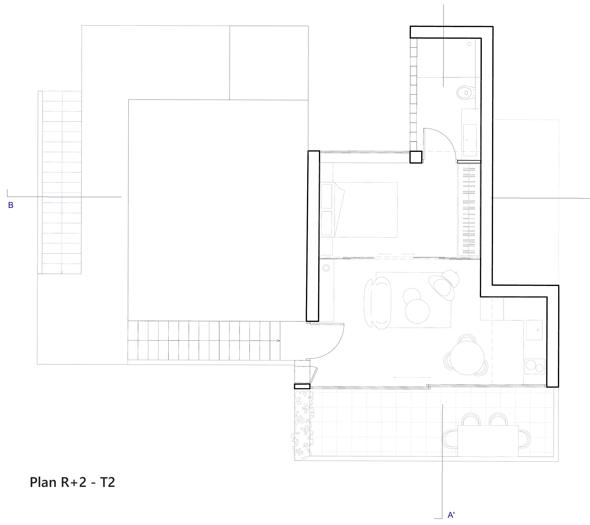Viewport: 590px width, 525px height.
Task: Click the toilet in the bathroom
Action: point(465,93)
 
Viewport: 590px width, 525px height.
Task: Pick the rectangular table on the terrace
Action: point(488,441)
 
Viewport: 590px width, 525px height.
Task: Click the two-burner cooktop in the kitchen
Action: point(535,366)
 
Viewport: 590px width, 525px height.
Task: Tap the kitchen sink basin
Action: point(534,330)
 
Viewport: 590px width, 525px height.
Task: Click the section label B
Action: point(11,205)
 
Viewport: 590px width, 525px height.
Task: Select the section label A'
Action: point(451,515)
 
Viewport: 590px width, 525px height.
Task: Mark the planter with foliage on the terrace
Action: point(302,424)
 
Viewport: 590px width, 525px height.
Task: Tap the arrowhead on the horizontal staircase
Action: point(278,341)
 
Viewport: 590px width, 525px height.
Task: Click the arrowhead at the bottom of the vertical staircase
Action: point(62,272)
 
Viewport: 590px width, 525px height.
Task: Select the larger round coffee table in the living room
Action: point(417,311)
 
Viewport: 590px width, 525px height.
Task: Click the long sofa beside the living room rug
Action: point(378,303)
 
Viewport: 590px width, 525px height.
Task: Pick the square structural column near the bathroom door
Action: point(416,157)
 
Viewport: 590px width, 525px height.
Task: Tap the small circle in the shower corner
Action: point(469,44)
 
